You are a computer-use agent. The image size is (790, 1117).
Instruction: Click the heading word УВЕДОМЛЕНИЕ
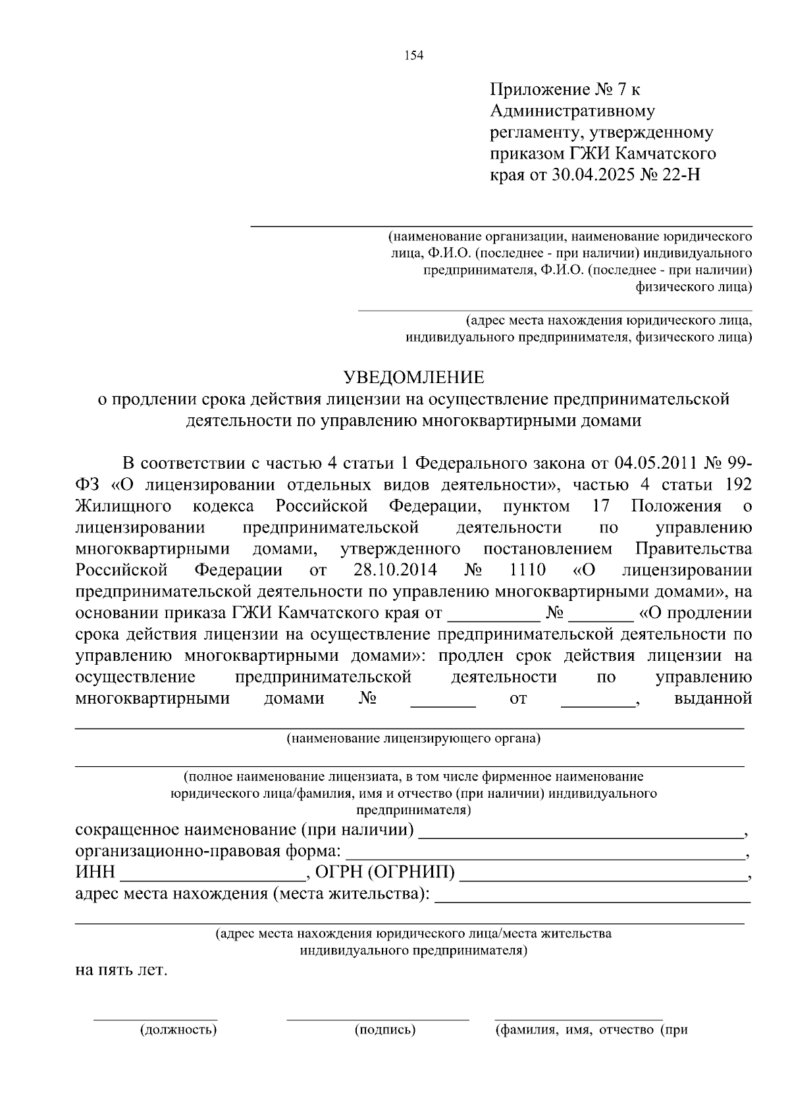[x=415, y=377]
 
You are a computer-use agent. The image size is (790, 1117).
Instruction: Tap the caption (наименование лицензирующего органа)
[x=413, y=739]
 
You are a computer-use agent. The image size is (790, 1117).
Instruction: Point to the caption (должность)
[x=178, y=1030]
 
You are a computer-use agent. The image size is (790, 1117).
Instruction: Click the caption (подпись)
[x=385, y=1030]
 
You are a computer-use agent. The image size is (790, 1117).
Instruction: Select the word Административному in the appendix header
[x=573, y=111]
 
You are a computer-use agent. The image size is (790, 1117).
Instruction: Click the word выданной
[x=713, y=698]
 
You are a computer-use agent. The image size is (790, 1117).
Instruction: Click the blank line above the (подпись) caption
[x=378, y=1019]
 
